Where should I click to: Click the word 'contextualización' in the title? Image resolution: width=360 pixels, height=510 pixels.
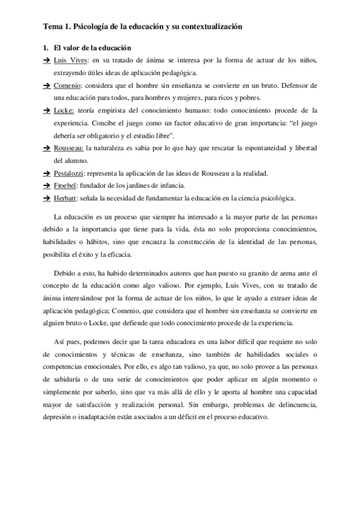pyautogui.click(x=209, y=27)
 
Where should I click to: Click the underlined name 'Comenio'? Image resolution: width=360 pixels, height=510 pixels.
pyautogui.click(x=66, y=87)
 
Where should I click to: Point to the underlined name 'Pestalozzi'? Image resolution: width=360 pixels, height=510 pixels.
pyautogui.click(x=70, y=174)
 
